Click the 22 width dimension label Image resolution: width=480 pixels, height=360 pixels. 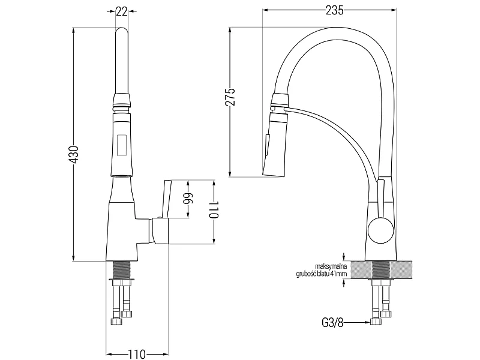122,11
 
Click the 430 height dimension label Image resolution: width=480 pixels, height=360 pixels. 74,154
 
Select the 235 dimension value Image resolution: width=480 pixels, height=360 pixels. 334,10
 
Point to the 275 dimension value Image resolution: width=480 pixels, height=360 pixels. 230,97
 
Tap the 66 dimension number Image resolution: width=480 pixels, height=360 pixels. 188,199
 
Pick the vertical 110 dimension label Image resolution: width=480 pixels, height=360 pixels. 214,210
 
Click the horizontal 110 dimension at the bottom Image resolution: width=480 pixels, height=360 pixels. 137,355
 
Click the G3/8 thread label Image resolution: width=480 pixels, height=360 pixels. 333,323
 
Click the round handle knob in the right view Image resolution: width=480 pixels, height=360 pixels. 380,230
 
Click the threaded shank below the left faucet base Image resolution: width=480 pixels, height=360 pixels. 122,269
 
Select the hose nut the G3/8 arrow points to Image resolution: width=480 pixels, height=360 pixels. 376,322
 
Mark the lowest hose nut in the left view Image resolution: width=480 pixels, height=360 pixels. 116,322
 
